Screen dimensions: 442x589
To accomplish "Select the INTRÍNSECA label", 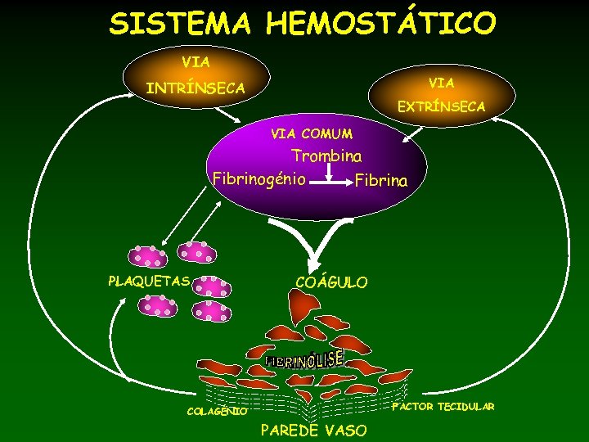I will pos(195,88).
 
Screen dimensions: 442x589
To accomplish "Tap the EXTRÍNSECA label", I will pos(441,106).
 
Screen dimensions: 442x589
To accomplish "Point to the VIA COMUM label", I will pos(312,133).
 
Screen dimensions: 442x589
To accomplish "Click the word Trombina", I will pos(327,156).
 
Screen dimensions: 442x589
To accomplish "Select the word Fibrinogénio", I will pos(259,178).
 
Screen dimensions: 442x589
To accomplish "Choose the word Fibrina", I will pos(380,180).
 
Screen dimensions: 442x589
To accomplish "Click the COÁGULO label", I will pos(331,282).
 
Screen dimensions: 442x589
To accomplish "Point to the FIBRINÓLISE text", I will pos(304,359).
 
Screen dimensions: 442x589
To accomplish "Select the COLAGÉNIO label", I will pos(217,412).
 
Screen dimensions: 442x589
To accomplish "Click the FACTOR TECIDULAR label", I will pos(443,407).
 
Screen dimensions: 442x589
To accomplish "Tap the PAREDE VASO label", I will pos(313,431).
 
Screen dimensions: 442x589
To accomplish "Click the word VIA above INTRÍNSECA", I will pos(196,61).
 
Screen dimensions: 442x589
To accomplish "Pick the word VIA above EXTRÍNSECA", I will pos(441,83).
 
